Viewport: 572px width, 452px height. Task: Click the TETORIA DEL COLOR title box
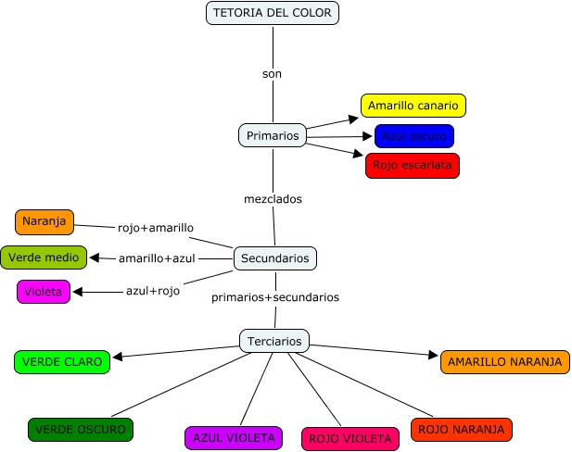pos(272,13)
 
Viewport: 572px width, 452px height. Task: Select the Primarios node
pos(273,135)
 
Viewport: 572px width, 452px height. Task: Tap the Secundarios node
pos(273,258)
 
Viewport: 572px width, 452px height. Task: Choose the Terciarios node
pos(274,341)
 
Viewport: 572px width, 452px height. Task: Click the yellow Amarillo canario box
pos(413,106)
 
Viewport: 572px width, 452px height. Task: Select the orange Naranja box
pos(44,222)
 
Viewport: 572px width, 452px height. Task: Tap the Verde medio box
pos(44,257)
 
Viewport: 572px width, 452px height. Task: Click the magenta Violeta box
pos(44,291)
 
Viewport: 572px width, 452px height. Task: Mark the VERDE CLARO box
pos(62,361)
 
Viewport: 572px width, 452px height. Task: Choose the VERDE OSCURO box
pos(82,430)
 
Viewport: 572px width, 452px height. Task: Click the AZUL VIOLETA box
pos(232,437)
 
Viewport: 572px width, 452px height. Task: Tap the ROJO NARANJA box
pos(461,429)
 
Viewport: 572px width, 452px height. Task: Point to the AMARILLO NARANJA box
pos(505,361)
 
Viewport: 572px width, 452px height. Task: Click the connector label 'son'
pos(272,73)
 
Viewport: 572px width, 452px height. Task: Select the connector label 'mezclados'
pos(273,198)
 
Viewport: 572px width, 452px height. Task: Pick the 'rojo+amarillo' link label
pos(156,228)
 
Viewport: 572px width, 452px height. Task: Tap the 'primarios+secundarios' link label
pos(275,297)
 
